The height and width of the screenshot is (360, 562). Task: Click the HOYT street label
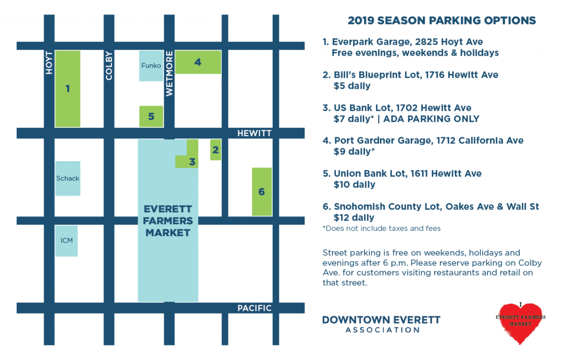coord(49,63)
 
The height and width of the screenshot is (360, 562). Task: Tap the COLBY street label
coord(109,66)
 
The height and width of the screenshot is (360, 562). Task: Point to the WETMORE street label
coord(169,73)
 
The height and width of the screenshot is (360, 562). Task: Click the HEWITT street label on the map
coord(255,133)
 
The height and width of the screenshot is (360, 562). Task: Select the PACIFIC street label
coord(255,308)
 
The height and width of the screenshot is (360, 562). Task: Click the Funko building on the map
coord(151,66)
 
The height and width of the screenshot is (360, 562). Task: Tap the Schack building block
coord(68,179)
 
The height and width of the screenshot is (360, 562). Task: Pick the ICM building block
coord(66,240)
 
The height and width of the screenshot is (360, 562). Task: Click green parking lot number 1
coord(68,88)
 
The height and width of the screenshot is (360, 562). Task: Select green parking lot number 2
coord(215,150)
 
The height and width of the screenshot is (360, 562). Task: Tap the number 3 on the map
coord(193,162)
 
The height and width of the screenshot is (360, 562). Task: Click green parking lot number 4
coord(198,62)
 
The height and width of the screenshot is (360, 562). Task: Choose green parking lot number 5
coord(151,117)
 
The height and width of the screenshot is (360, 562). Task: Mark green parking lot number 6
coord(262,192)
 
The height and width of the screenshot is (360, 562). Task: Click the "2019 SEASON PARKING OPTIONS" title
coord(441,21)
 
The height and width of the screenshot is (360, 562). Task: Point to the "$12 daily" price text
coord(354,217)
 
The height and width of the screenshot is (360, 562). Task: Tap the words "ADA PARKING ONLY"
coord(431,119)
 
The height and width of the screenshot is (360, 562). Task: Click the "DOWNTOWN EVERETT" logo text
coord(381,320)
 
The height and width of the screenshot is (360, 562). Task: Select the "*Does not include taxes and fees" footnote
coord(381,228)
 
